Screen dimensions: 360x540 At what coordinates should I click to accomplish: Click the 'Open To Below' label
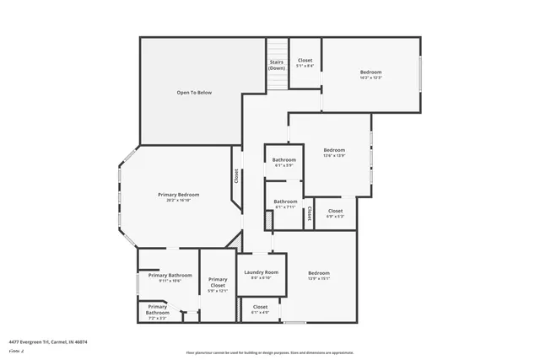(193, 92)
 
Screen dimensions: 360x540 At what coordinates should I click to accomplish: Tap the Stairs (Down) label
(277, 65)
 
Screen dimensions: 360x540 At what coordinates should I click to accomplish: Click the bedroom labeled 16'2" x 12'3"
(371, 74)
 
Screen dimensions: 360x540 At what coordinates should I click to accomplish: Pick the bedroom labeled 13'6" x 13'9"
(334, 153)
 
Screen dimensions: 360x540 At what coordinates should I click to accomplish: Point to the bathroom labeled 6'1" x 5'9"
(284, 162)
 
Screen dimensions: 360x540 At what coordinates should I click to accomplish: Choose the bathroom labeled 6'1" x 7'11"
(285, 204)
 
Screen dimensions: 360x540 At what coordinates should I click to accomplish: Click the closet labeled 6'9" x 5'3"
(335, 213)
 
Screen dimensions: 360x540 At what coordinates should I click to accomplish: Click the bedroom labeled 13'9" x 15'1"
(318, 276)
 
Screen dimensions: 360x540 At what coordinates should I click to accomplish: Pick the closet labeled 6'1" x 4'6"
(260, 309)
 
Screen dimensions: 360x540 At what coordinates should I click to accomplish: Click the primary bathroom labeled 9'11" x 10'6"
(170, 277)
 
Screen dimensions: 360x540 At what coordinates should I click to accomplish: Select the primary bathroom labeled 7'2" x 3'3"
(158, 311)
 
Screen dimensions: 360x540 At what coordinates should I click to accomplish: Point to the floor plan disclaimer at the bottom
(270, 354)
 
